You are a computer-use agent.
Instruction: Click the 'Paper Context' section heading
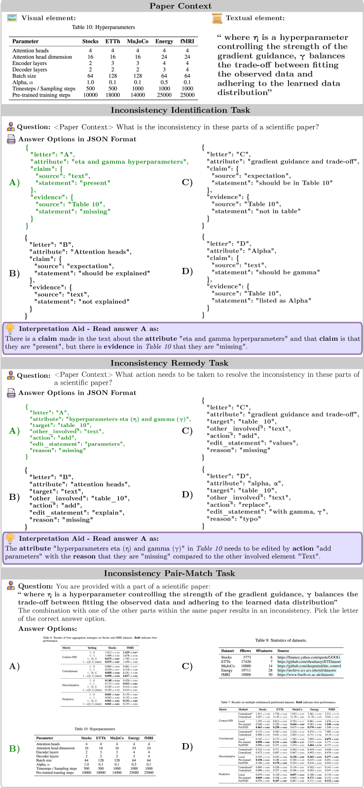pyautogui.click(x=182, y=6)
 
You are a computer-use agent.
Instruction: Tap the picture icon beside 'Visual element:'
pyautogui.click(x=13, y=18)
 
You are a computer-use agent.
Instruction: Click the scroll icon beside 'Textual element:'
pyautogui.click(x=217, y=18)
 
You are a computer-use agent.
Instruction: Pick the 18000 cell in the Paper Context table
pyautogui.click(x=112, y=95)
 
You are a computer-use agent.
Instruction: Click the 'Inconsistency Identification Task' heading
pyautogui.click(x=182, y=110)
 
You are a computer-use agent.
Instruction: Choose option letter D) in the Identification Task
pyautogui.click(x=187, y=271)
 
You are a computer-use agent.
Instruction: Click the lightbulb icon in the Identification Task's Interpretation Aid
pyautogui.click(x=10, y=328)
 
